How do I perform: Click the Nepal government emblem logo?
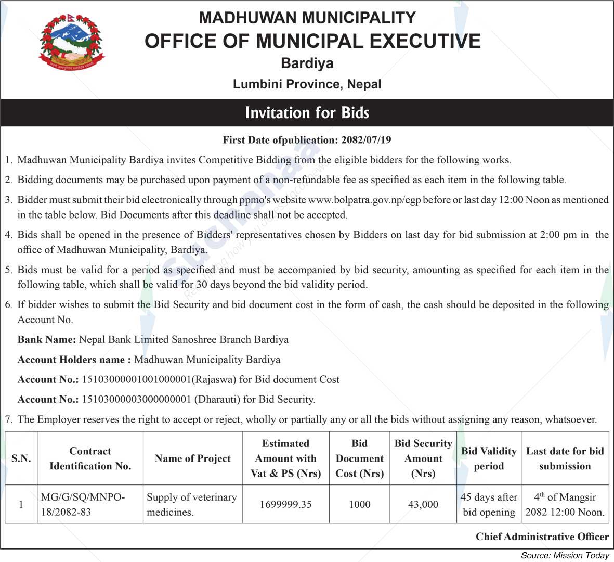click(71, 42)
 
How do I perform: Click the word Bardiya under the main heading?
click(307, 63)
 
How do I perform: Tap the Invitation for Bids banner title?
click(307, 113)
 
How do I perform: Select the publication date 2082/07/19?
click(366, 140)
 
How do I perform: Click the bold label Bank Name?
click(47, 340)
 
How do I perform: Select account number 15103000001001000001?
click(137, 380)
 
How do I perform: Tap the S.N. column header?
click(21, 458)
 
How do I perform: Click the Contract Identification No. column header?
click(90, 458)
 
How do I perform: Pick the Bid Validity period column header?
click(489, 458)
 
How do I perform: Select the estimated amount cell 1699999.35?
click(285, 504)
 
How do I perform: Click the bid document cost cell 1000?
click(359, 504)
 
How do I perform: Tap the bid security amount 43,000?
click(423, 504)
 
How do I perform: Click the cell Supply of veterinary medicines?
click(192, 504)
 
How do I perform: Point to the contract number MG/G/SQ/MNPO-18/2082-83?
click(83, 504)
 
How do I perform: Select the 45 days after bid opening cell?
click(489, 504)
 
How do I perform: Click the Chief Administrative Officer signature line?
click(542, 537)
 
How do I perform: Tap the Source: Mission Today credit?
click(565, 555)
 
